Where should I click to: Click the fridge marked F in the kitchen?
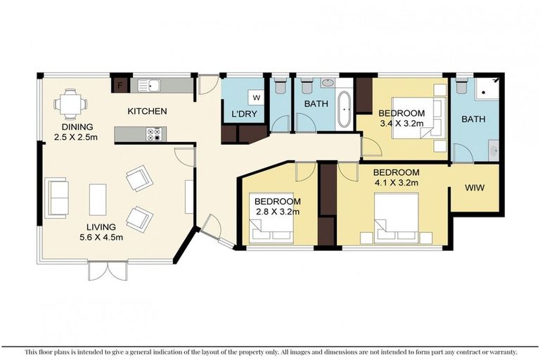click(x=120, y=85)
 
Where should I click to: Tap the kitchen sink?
click(x=149, y=85)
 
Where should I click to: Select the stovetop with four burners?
click(x=154, y=134)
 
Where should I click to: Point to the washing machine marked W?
click(x=256, y=98)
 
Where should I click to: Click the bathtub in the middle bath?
click(x=345, y=109)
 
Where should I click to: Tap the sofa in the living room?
click(x=56, y=198)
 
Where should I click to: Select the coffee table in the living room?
click(x=98, y=200)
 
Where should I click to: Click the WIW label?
click(x=475, y=188)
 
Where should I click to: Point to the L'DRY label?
click(x=244, y=114)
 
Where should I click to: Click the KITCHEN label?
click(x=148, y=111)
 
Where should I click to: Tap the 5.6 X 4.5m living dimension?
click(x=101, y=237)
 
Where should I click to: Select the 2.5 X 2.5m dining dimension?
click(x=76, y=137)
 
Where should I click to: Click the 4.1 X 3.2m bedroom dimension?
click(x=397, y=182)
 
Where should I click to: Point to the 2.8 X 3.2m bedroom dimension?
click(x=278, y=211)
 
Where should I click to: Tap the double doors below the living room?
click(x=108, y=271)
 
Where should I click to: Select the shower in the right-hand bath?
click(x=487, y=89)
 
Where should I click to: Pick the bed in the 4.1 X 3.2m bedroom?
click(x=397, y=219)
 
